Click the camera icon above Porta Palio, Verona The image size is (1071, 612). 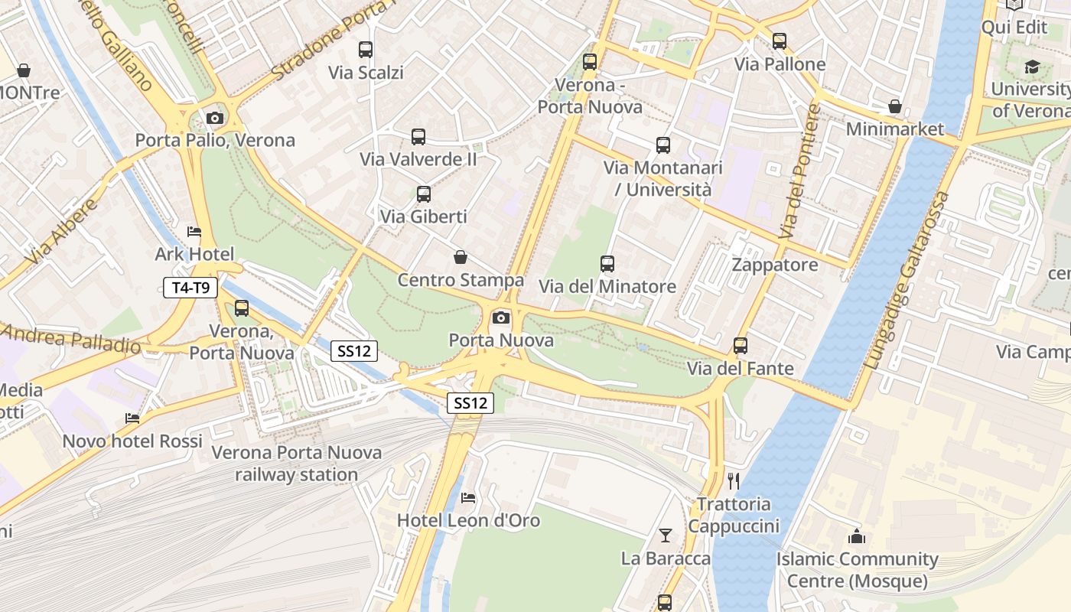coord(215,118)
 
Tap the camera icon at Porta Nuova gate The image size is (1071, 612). coord(501,317)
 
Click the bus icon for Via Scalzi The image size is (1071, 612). coord(366,50)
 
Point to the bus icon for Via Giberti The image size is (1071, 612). coord(424,194)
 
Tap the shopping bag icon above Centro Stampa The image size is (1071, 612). coord(461,257)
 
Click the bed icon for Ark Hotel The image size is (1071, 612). coord(194,232)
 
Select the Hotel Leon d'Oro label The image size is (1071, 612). coord(468,520)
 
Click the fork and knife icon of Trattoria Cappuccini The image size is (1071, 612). coord(734,481)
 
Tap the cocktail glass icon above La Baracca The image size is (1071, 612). coord(666,535)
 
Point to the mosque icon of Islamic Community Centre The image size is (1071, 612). coord(857,537)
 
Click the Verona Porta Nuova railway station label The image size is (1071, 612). coord(296,464)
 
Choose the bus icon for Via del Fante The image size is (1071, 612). coord(741,346)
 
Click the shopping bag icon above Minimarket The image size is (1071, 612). coord(895,106)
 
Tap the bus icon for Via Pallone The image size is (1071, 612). coord(780,41)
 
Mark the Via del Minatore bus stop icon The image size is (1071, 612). coord(607,264)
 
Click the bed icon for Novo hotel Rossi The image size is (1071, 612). coord(132,418)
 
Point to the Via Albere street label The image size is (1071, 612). coord(62,232)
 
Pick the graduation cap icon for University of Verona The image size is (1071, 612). coord(1032,67)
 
